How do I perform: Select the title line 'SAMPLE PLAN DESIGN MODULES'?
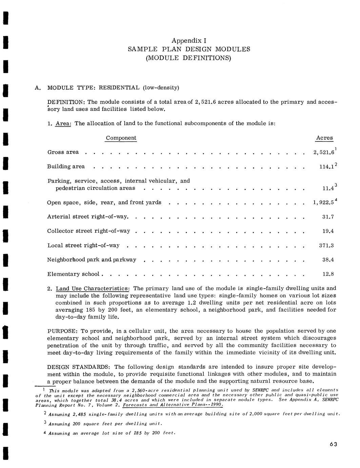[189, 49]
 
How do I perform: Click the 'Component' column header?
[121, 138]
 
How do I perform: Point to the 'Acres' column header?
[324, 138]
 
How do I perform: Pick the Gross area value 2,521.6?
[324, 153]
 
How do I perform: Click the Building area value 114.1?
[326, 167]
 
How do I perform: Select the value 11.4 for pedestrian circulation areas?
[327, 188]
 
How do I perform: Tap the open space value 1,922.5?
[323, 203]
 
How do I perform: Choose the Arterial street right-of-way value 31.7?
[328, 217]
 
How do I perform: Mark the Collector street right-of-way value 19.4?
[328, 231]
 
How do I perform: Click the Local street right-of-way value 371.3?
[326, 246]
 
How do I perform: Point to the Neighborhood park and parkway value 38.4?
[328, 260]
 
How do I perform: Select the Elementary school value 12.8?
[328, 274]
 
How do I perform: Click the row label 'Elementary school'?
[73, 274]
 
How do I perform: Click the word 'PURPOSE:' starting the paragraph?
[63, 331]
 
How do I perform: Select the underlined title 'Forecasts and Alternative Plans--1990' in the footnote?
[173, 405]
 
